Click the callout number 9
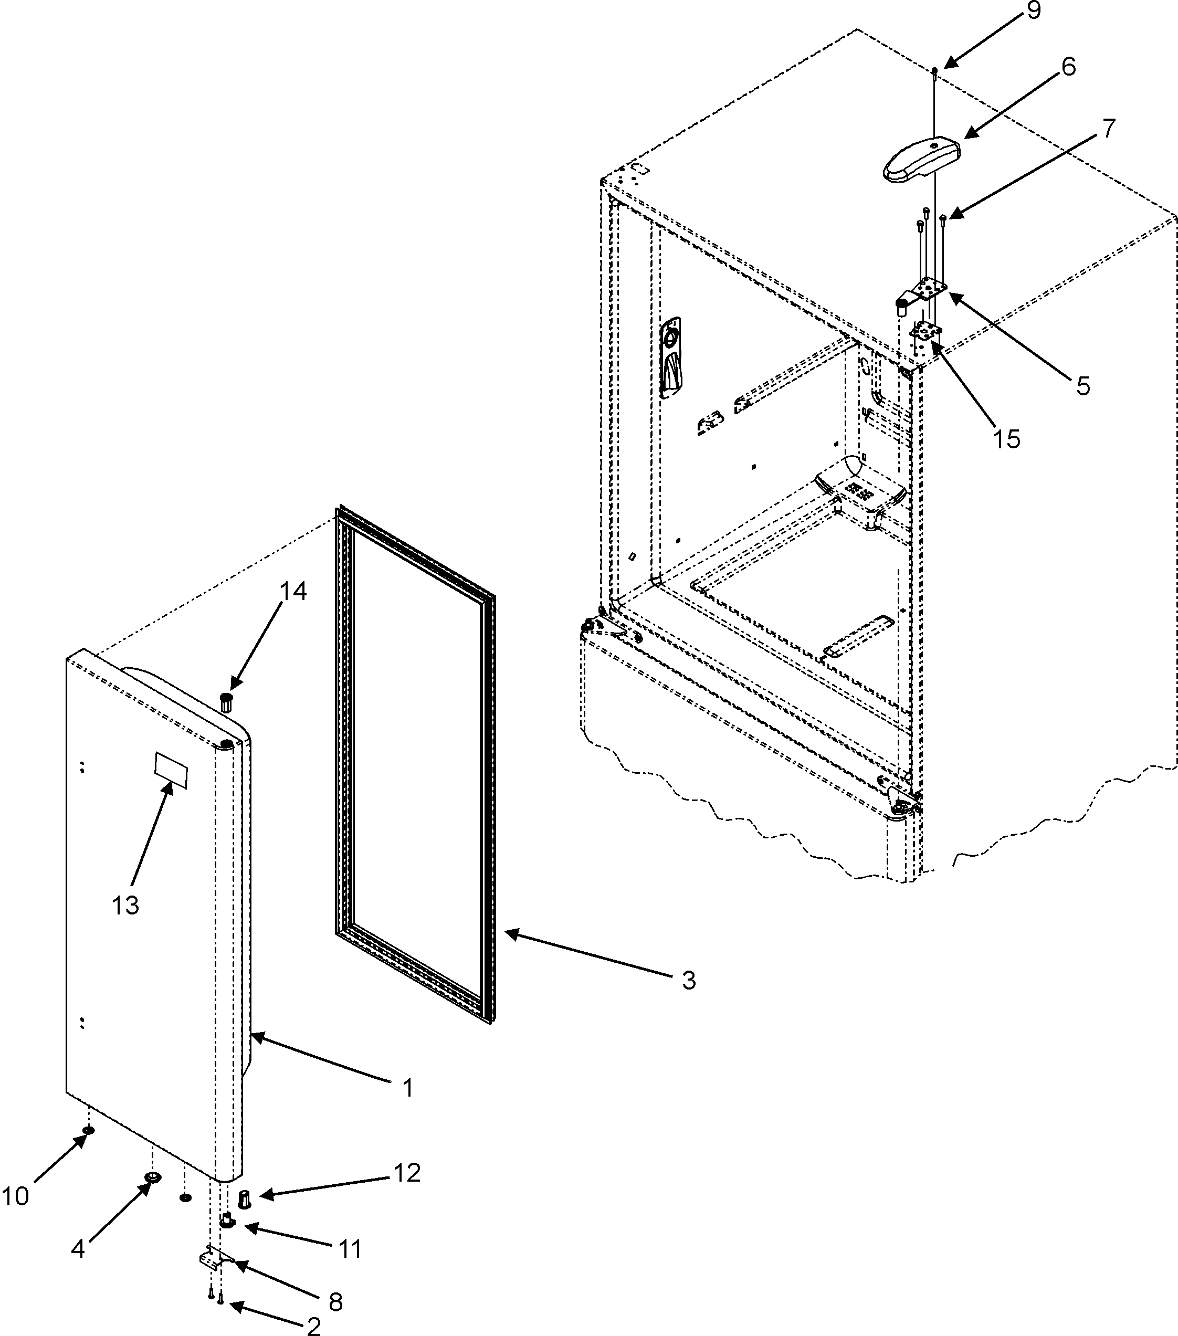[1034, 11]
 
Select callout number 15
[1007, 438]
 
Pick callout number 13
[125, 904]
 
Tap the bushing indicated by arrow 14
[226, 702]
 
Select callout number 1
[407, 1088]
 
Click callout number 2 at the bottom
[313, 1326]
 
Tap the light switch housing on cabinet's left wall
[670, 357]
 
